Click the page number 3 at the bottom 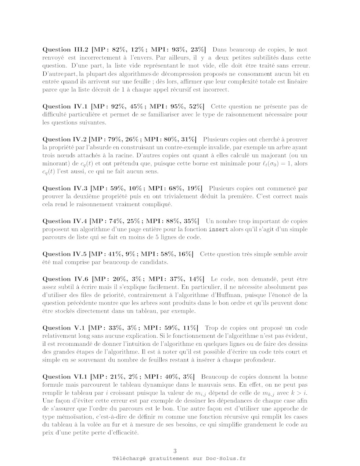175,451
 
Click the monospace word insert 218,229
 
